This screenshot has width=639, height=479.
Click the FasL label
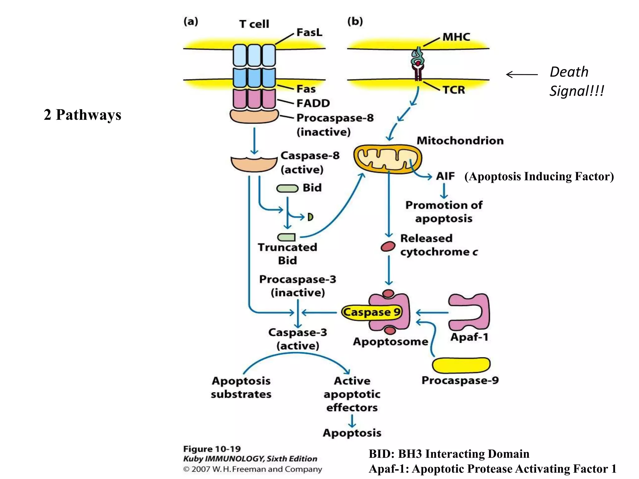(x=309, y=32)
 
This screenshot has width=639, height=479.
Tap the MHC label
(x=456, y=37)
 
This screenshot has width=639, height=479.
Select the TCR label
(x=454, y=90)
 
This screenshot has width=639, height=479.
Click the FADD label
(x=313, y=103)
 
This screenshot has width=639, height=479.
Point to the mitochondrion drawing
(x=387, y=159)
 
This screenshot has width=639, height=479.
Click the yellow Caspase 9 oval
(x=371, y=312)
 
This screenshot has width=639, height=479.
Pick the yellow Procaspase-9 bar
(x=461, y=365)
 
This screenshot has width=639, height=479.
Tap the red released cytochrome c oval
(x=388, y=247)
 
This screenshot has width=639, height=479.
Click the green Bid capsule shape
(x=287, y=188)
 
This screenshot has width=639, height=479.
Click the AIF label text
(x=445, y=176)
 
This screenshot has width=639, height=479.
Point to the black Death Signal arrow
(x=521, y=75)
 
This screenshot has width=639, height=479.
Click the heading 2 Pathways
(x=82, y=115)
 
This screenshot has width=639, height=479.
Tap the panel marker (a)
(x=191, y=22)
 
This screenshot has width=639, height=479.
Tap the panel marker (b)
(x=355, y=22)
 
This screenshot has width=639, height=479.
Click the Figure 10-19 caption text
(x=212, y=449)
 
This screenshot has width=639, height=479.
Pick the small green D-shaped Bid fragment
(x=310, y=217)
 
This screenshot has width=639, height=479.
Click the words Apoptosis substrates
(x=241, y=387)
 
